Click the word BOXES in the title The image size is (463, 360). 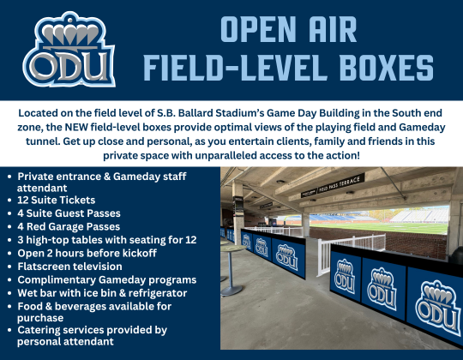click(x=376, y=67)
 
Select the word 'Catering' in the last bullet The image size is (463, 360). click(x=43, y=329)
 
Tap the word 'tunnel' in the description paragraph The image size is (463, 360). click(x=33, y=141)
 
